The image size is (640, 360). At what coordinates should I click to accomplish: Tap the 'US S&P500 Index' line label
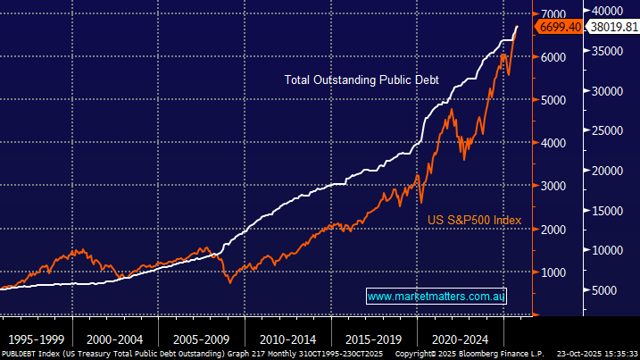[x=471, y=220]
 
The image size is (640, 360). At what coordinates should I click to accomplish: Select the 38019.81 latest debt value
[x=611, y=27]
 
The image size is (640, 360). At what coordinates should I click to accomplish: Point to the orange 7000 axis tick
[x=553, y=13]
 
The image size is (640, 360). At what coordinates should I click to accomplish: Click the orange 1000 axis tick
[x=553, y=272]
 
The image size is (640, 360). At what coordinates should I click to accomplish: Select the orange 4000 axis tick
[x=553, y=143]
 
